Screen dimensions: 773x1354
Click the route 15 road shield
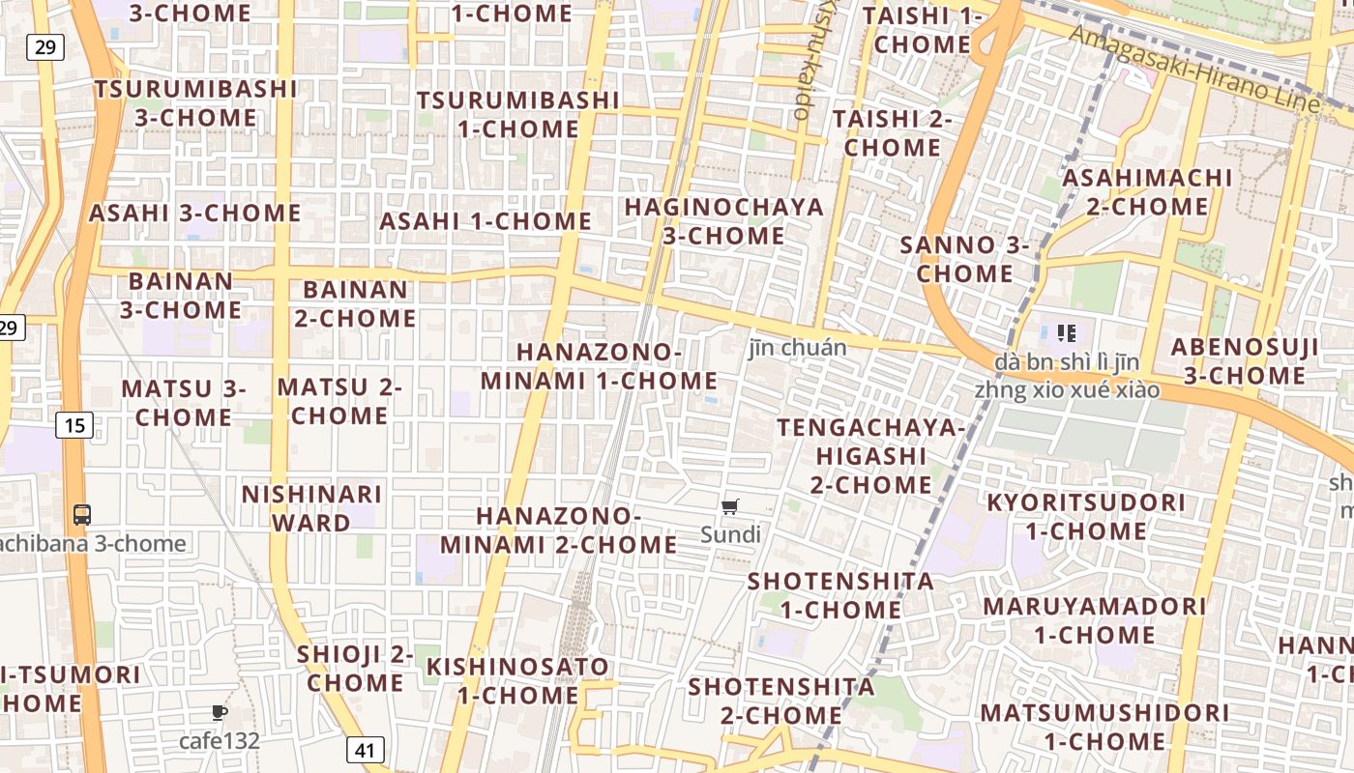(x=75, y=424)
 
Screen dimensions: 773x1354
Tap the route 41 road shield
(x=365, y=749)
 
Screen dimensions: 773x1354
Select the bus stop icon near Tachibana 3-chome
(x=82, y=515)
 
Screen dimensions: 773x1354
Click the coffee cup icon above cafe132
(x=220, y=713)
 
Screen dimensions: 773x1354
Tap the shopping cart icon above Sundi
(x=730, y=506)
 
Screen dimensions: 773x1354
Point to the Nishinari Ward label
(x=311, y=508)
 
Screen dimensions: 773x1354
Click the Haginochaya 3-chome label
(x=723, y=221)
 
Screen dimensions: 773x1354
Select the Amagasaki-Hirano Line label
(x=1194, y=68)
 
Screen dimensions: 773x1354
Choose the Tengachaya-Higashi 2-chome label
(x=871, y=456)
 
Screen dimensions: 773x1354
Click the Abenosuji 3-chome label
(x=1245, y=361)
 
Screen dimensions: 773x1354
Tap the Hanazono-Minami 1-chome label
(x=599, y=366)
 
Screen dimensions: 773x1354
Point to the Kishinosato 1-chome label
(x=517, y=680)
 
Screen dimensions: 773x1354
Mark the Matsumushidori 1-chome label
(x=1104, y=728)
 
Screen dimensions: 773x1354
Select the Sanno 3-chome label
(x=964, y=259)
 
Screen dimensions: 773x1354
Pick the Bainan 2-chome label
(x=355, y=303)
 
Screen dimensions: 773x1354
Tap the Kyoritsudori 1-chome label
(x=1085, y=517)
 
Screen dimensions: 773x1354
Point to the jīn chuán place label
(x=797, y=348)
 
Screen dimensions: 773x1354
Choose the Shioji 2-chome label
(x=355, y=669)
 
